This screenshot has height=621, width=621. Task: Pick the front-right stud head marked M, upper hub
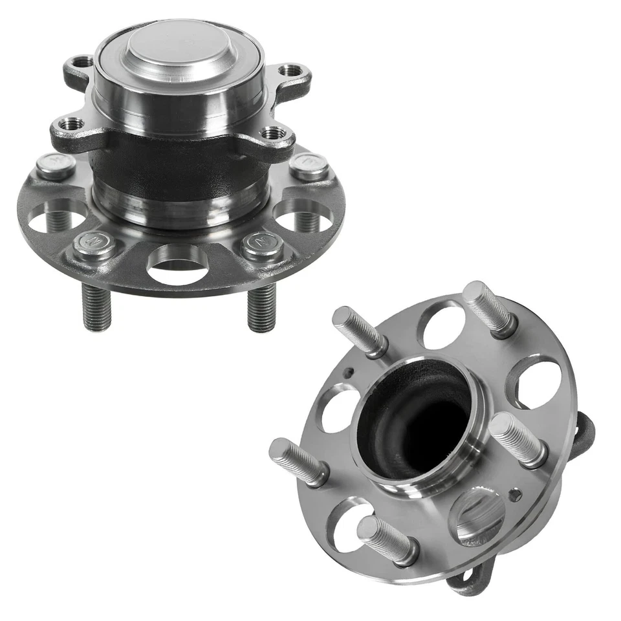[263, 243]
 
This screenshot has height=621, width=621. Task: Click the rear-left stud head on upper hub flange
[55, 165]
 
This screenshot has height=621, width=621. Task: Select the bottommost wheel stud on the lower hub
[385, 537]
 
